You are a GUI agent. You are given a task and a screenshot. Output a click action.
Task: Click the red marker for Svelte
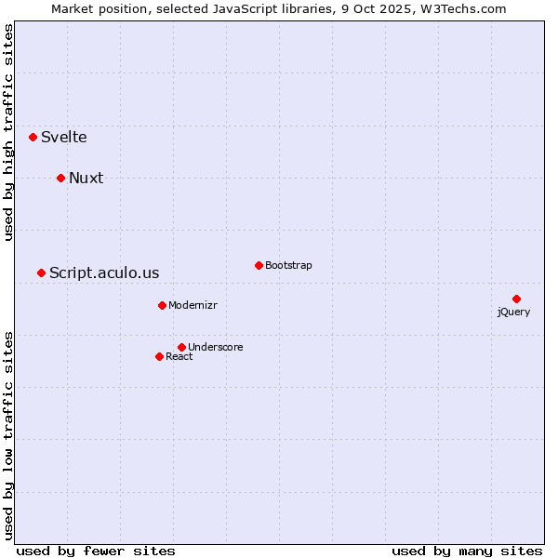(33, 137)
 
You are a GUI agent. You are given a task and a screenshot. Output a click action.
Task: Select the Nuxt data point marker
(60, 178)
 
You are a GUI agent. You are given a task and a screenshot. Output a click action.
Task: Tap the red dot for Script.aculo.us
(41, 272)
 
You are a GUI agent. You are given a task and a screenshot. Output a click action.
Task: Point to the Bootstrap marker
(259, 265)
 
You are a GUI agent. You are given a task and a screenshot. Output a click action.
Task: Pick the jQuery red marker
(516, 299)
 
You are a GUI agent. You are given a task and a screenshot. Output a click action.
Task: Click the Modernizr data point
(162, 305)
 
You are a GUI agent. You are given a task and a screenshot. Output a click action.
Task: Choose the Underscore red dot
(181, 347)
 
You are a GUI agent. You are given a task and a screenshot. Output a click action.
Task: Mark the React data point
(159, 356)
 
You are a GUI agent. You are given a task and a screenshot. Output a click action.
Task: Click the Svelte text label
(64, 137)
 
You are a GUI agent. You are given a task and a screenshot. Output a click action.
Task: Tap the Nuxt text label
(86, 178)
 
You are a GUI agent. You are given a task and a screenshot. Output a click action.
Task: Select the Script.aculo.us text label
(104, 272)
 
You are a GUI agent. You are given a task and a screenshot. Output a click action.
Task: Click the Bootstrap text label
(288, 265)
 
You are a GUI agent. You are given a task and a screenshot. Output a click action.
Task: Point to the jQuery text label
(513, 312)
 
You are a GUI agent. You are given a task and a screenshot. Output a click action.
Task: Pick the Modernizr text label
(193, 305)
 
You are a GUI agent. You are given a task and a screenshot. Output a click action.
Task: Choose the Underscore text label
(215, 347)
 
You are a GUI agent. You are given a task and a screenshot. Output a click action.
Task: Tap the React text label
(179, 356)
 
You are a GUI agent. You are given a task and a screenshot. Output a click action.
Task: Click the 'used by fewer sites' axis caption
(96, 551)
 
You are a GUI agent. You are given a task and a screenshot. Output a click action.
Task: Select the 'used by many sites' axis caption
(467, 551)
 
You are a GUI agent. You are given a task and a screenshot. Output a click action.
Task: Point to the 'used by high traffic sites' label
(9, 132)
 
